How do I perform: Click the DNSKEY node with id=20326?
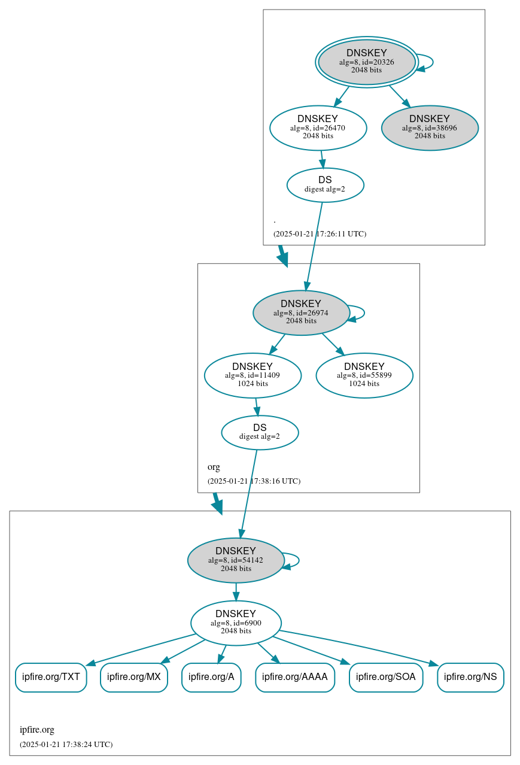tap(367, 62)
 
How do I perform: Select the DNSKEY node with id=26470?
tap(318, 127)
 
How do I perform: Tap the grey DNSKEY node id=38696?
tap(430, 127)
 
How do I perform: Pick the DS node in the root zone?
tap(325, 184)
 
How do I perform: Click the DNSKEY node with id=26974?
tap(301, 312)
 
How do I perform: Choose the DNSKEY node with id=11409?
tap(253, 375)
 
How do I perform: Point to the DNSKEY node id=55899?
tap(364, 375)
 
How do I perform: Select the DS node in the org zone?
tap(260, 432)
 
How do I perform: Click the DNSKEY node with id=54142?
tap(236, 560)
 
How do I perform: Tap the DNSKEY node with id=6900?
tap(236, 623)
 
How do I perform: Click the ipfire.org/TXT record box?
tap(51, 677)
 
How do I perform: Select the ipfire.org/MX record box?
tap(134, 677)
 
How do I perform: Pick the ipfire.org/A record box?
tap(211, 677)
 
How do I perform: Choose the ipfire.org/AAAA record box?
tap(295, 677)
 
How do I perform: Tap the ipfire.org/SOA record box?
tap(386, 677)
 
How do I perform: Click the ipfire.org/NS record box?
tap(470, 677)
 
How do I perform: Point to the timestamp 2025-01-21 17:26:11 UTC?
tap(320, 233)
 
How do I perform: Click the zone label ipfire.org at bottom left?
tap(37, 730)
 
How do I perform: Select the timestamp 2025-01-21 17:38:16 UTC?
tap(254, 481)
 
